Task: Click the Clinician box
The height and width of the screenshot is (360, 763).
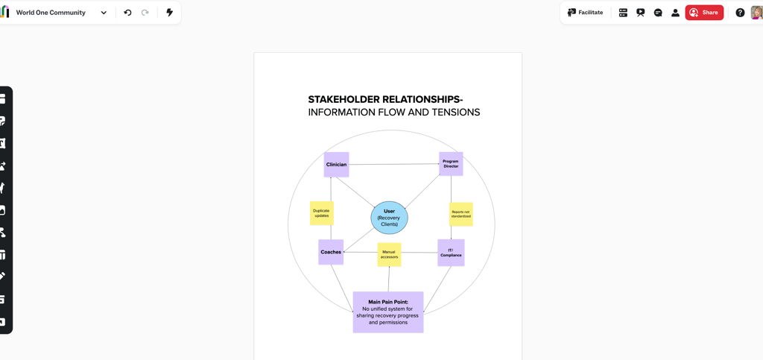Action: point(336,165)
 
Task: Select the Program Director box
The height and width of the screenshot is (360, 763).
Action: point(451,164)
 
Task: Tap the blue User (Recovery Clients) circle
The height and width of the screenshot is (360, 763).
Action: point(389,218)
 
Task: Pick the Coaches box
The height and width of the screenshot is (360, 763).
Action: point(331,252)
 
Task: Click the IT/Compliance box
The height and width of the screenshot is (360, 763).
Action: point(451,253)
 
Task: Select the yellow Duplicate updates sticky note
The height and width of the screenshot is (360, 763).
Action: point(321,213)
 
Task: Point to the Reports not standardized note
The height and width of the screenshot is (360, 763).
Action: point(460,214)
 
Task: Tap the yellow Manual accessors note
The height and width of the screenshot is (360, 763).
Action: point(389,254)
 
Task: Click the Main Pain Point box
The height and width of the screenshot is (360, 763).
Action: point(387,312)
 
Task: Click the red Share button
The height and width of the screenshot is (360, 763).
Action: point(704,13)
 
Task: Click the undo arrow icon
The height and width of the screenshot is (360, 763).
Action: point(127,13)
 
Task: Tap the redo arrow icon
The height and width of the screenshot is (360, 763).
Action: point(145,13)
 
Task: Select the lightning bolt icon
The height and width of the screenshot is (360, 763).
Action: point(169,13)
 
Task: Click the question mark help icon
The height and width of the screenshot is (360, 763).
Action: point(740,13)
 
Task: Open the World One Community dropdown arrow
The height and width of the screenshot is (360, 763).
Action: point(104,13)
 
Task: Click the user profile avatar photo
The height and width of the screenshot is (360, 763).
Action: point(757,13)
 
